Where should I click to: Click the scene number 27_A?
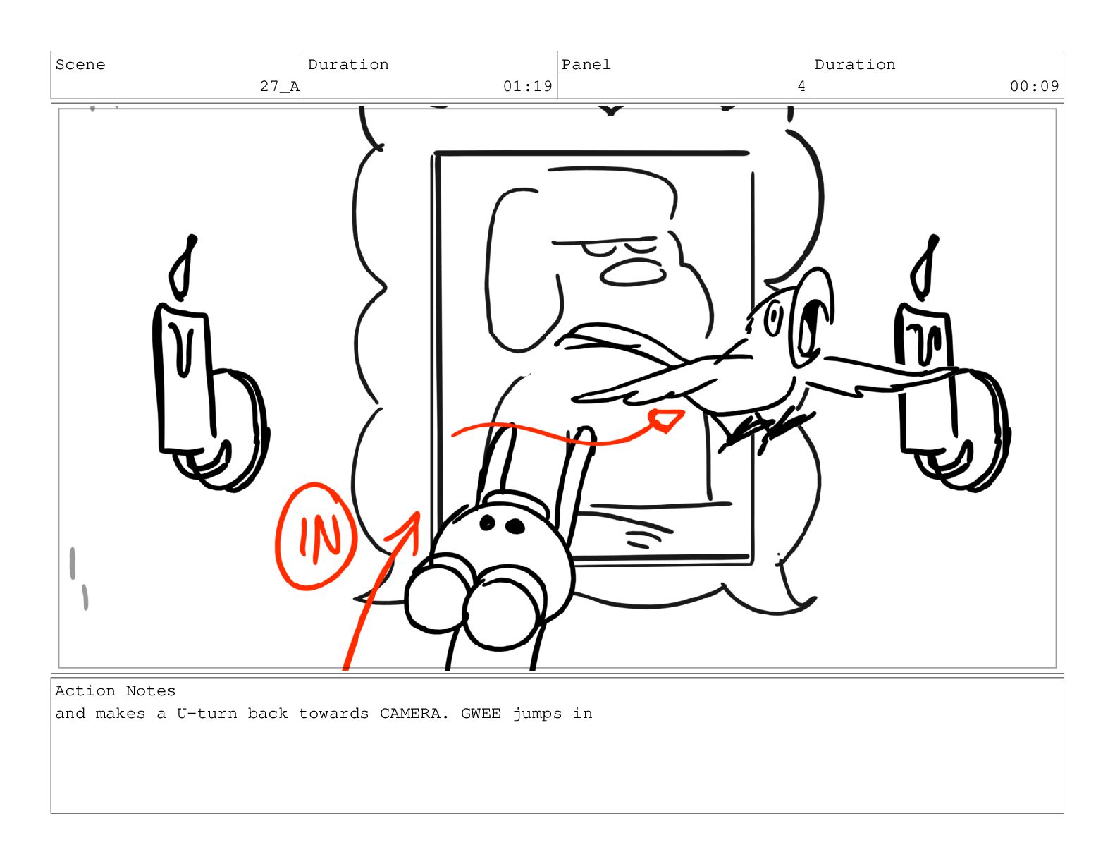(x=279, y=86)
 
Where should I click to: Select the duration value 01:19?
(x=527, y=86)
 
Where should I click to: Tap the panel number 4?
(x=801, y=86)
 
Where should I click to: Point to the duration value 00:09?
(x=1034, y=86)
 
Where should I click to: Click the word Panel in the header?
(x=586, y=65)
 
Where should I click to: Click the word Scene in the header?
(x=80, y=65)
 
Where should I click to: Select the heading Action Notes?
(x=116, y=690)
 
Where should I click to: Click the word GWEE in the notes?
(x=481, y=714)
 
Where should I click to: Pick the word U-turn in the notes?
(x=207, y=714)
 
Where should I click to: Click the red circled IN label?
(x=316, y=536)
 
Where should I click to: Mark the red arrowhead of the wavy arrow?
(x=666, y=420)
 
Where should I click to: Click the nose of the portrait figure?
(x=632, y=272)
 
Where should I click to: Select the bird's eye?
(x=772, y=319)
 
